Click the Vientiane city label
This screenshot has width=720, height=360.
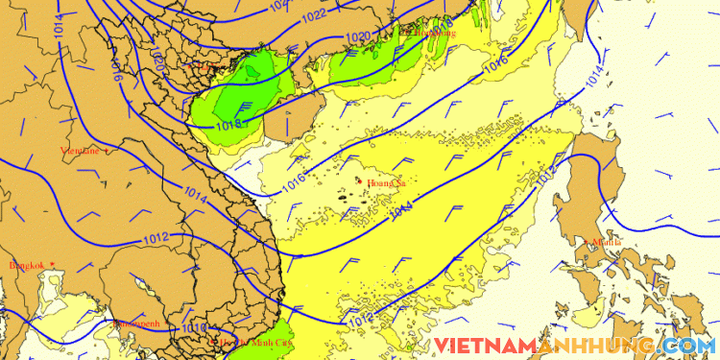click(x=81, y=151)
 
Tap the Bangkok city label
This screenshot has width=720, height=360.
click(x=27, y=265)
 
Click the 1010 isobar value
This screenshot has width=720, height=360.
click(x=192, y=328)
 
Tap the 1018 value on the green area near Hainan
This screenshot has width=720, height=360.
click(x=228, y=123)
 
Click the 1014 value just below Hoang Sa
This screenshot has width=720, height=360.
click(x=402, y=207)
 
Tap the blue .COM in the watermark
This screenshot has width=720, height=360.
click(x=689, y=346)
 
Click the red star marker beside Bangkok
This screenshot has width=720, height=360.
click(x=52, y=264)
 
